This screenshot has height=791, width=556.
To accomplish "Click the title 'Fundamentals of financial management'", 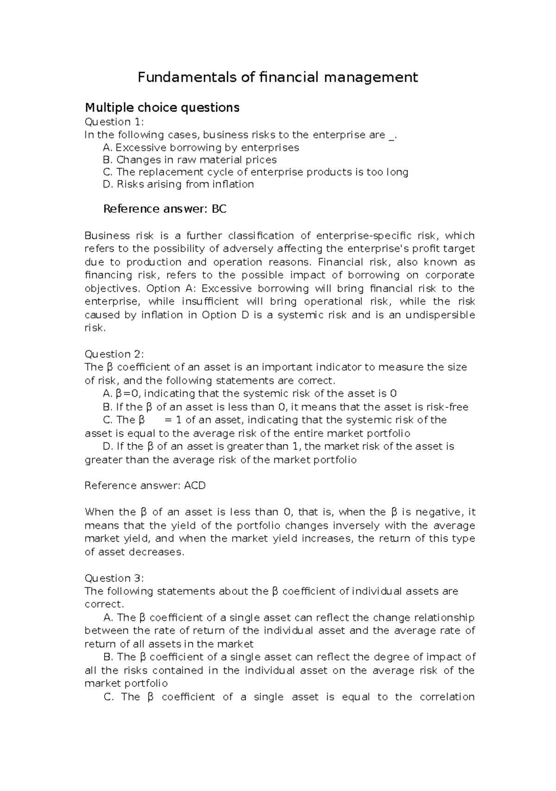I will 278,77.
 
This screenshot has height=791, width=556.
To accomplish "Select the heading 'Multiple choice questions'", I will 162,108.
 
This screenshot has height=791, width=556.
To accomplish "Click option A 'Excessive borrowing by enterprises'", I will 201,148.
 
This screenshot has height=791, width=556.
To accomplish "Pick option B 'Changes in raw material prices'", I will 190,160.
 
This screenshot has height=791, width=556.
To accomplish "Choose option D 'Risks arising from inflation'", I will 179,184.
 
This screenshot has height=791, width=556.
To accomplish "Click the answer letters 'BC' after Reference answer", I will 219,209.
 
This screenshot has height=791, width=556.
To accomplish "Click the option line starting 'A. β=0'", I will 250,394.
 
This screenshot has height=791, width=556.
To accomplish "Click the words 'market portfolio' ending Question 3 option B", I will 126,683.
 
